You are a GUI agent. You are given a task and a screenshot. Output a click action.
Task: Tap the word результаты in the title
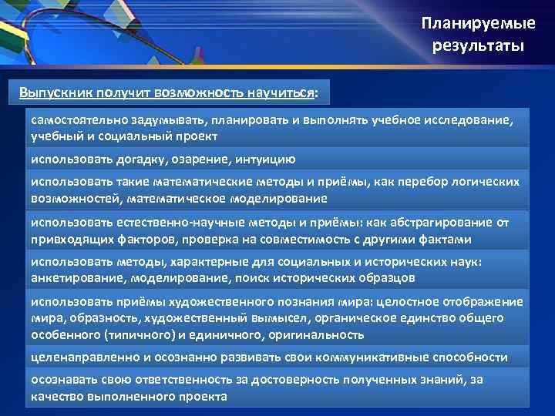(478, 46)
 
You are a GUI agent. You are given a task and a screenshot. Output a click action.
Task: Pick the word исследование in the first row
(470, 121)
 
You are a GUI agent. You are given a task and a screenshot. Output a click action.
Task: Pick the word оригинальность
(316, 334)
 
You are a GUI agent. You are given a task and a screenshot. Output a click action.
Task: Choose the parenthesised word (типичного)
(126, 334)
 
